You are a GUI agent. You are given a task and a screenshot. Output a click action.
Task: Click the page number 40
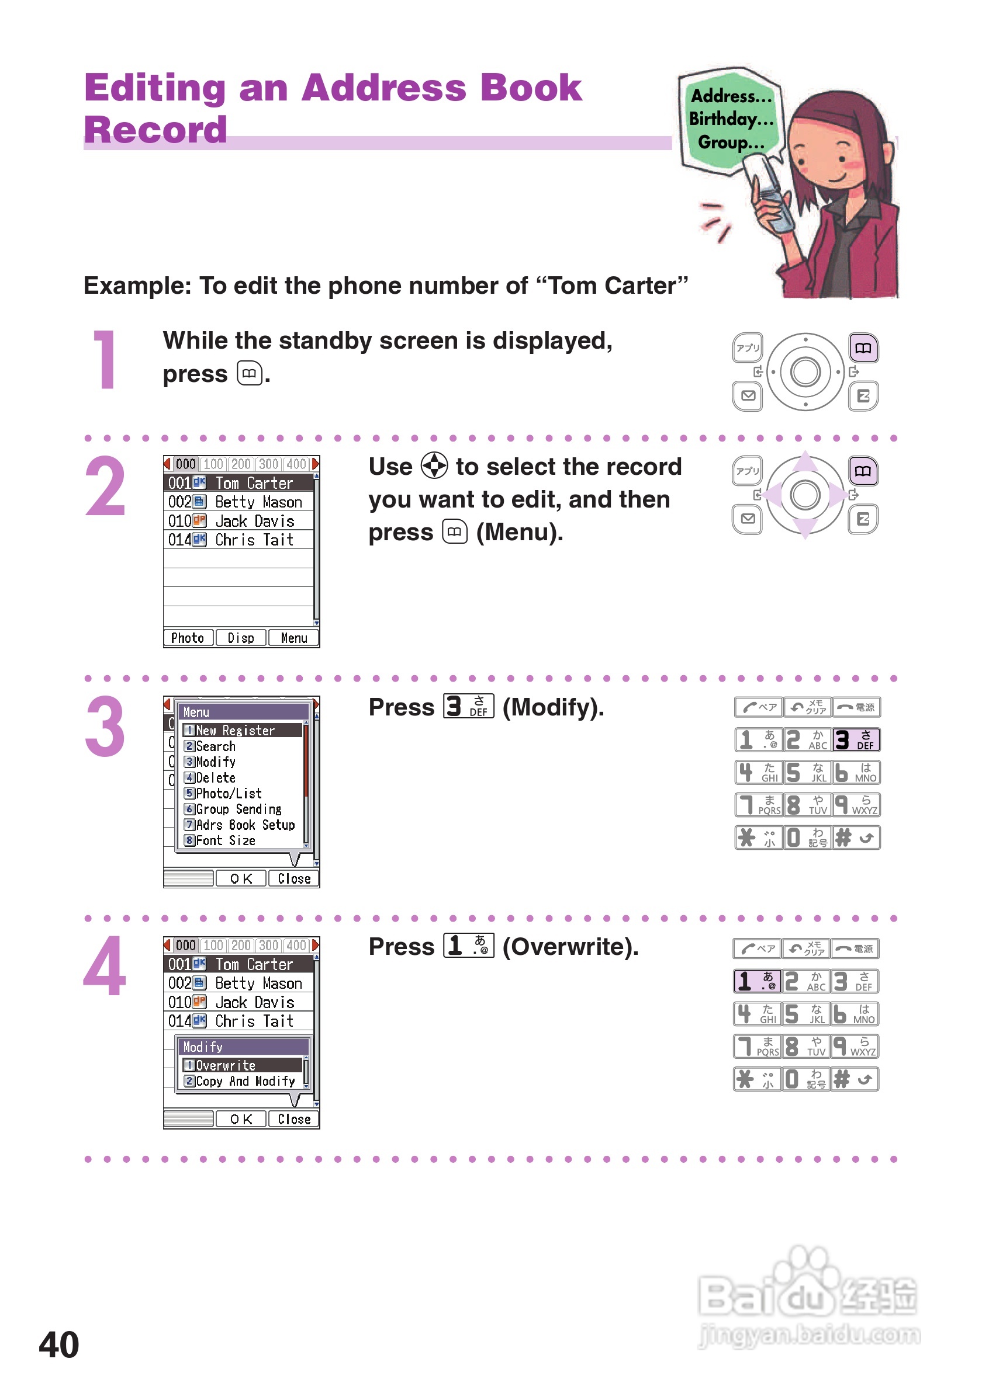coord(59,1344)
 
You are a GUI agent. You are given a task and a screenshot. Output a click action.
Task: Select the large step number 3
coord(105,727)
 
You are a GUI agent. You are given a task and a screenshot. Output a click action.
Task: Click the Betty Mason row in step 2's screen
coord(238,502)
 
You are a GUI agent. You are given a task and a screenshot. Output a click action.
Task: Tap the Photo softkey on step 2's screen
coord(188,638)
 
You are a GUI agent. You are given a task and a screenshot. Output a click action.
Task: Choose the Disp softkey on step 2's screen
coord(240,638)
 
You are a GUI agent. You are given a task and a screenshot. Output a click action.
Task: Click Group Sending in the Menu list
coord(233,809)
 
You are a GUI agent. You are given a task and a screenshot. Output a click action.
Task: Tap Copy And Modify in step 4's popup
coord(240,1080)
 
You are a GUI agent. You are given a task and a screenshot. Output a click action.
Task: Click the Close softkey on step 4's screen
coord(294,1120)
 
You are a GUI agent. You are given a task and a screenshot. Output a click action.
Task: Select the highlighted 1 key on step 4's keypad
coord(756,981)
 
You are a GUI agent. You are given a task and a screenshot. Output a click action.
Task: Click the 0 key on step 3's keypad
coord(807,838)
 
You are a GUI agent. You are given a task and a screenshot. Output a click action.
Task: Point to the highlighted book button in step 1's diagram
coord(863,348)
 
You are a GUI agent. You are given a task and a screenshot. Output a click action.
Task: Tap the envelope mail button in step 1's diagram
coord(748,396)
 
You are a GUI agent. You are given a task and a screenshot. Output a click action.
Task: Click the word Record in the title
coord(155,130)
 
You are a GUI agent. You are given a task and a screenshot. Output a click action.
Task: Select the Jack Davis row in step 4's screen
coord(238,1002)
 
